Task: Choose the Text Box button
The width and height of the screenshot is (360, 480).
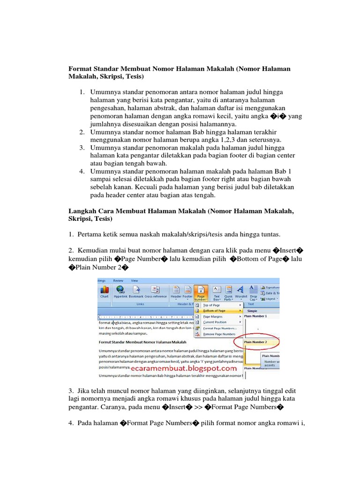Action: click(217, 292)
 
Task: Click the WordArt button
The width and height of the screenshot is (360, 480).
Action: click(241, 292)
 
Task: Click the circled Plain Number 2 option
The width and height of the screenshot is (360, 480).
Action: click(256, 343)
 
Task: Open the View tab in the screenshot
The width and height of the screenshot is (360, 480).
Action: click(134, 280)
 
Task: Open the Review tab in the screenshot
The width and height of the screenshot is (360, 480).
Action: click(118, 280)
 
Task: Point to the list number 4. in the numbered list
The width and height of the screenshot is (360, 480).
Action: click(82, 172)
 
